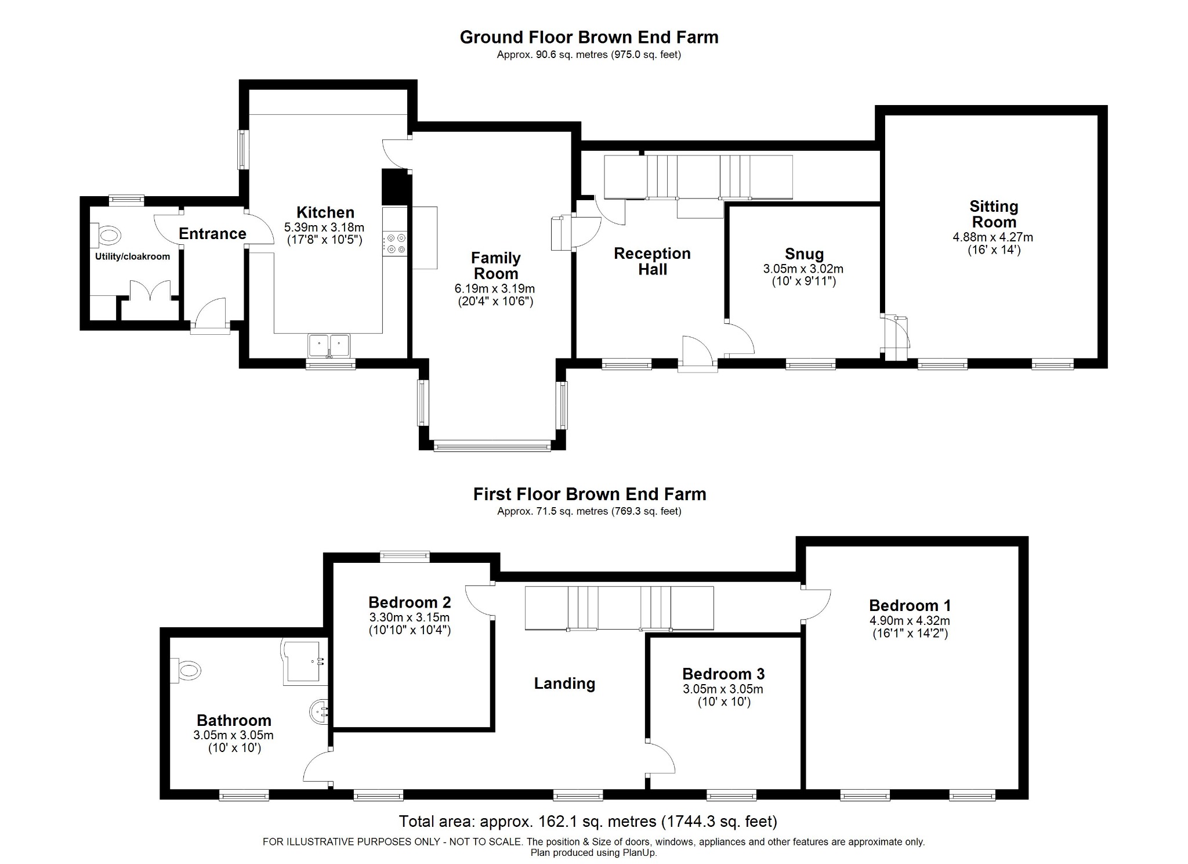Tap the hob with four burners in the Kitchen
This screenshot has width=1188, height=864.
tap(395, 243)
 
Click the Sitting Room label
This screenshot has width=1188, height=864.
tap(993, 214)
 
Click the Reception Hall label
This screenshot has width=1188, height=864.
tap(652, 261)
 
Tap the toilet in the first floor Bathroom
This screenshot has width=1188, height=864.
tap(186, 670)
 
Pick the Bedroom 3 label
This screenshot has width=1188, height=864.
tap(723, 674)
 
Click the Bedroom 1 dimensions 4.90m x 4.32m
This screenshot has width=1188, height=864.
tap(910, 620)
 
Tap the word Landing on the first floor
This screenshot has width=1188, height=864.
tap(564, 684)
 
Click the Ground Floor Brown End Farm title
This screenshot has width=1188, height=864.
tap(589, 37)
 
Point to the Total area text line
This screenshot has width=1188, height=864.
tap(588, 821)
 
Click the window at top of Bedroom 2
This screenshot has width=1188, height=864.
tap(405, 556)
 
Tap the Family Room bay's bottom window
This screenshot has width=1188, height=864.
tap(492, 446)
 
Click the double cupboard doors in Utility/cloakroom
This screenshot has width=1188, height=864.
tap(150, 291)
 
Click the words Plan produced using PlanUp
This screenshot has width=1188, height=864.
tap(593, 853)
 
